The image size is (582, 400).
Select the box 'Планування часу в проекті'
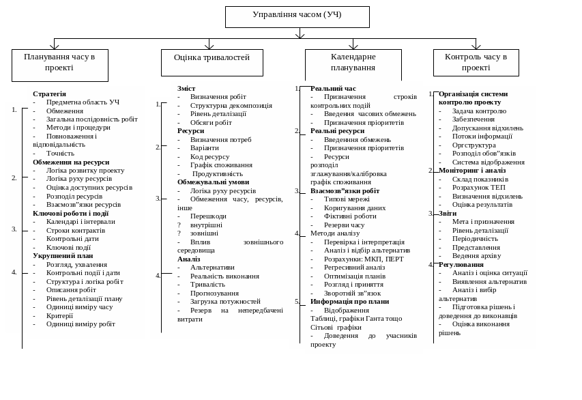(x=59, y=63)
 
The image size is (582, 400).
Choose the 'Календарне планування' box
(x=353, y=63)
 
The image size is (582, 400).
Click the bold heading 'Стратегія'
(x=49, y=94)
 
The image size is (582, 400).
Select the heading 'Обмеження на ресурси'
(x=71, y=162)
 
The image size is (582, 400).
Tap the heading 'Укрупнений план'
(x=63, y=256)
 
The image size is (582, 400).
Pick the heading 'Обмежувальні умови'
(x=213, y=182)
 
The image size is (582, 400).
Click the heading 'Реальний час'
(x=333, y=89)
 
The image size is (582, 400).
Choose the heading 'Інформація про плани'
(x=349, y=301)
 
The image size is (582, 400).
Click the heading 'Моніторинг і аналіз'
(x=472, y=171)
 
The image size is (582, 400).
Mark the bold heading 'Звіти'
(x=448, y=213)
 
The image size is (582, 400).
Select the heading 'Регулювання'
(x=461, y=264)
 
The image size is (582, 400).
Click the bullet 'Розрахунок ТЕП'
(x=478, y=187)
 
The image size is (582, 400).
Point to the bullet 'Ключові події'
(x=68, y=247)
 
